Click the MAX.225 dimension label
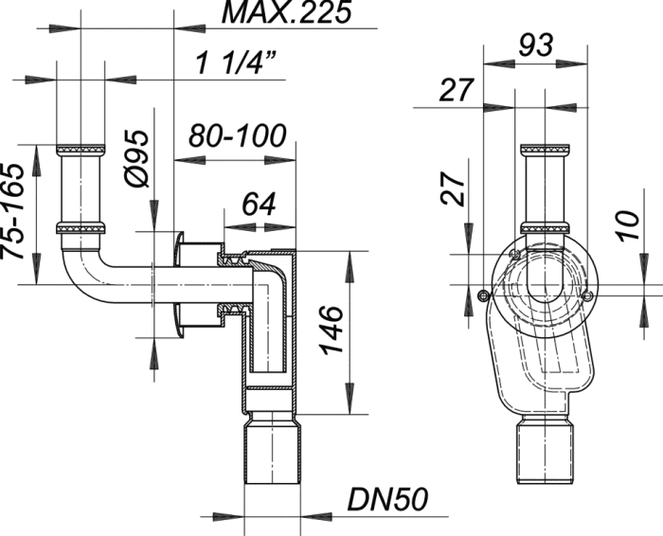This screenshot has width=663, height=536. coord(286,11)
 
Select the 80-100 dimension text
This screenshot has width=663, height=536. coord(237,136)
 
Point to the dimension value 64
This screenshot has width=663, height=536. coord(259,205)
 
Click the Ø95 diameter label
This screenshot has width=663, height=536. coord(137,158)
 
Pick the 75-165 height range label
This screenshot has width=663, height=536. coord(11,211)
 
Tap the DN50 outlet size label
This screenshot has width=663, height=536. coord(387,499)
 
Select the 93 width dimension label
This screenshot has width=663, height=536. coord(536,45)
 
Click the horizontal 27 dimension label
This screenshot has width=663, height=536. coord(456,90)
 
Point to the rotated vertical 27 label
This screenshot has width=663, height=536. coord(453,188)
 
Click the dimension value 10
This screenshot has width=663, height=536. coord(629,226)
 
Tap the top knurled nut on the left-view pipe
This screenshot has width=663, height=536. coord(81,151)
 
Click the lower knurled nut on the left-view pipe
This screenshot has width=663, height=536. coord(81,228)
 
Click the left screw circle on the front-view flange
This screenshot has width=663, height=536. coord(483,295)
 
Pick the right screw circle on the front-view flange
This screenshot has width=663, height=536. coord(587,296)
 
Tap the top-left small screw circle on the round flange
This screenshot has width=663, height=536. coord(514,254)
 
